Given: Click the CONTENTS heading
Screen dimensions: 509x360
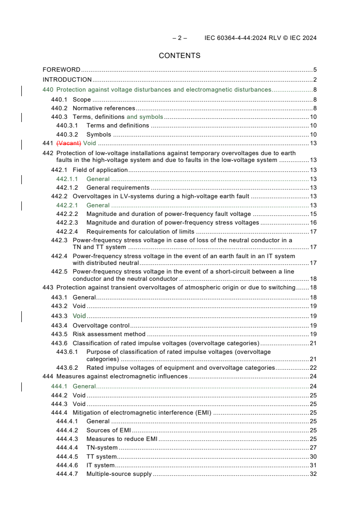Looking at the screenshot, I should click(179, 56).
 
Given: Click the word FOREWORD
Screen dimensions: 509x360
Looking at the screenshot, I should click(61, 70).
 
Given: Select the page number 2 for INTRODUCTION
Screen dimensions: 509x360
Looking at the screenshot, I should click(315, 80).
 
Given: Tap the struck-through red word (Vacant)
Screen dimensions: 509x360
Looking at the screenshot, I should click(69, 143).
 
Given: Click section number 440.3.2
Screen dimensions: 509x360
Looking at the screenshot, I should click(67, 135).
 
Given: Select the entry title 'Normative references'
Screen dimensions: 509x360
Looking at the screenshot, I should click(104, 108).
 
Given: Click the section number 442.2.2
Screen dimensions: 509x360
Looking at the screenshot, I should click(67, 214).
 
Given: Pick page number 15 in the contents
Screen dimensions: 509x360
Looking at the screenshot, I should click(313, 214).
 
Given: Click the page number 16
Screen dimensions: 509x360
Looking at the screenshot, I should click(313, 223).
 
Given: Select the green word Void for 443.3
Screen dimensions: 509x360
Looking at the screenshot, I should click(79, 316).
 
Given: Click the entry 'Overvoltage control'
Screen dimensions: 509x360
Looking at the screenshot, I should click(101, 326).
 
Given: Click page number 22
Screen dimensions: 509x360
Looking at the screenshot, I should click(313, 368).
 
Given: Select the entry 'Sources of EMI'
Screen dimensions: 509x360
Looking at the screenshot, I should click(108, 430).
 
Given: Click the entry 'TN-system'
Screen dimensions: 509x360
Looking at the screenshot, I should click(102, 448).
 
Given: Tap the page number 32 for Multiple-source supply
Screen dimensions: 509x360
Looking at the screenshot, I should click(313, 475).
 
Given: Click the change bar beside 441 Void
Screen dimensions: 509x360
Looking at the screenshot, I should click(22, 144).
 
